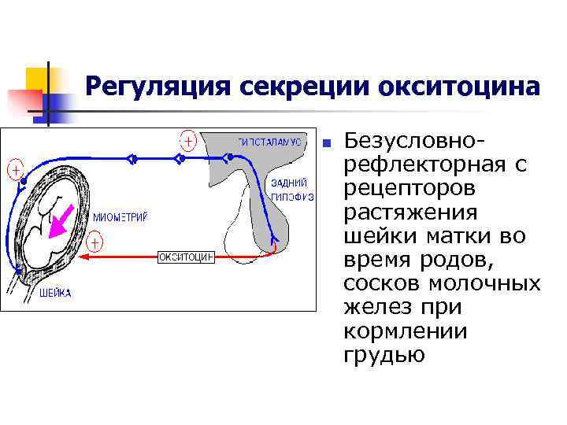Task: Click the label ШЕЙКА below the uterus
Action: click(55, 294)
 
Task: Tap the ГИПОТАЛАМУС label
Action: click(269, 142)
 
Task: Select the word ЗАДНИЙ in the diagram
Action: click(288, 183)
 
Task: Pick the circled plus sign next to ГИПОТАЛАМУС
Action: click(188, 142)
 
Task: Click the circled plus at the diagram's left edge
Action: click(15, 168)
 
